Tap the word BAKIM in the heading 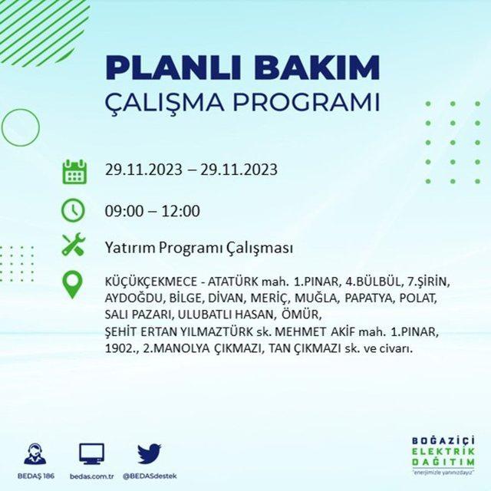coord(317,68)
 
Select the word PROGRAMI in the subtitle coord(307,102)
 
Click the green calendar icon coord(74,171)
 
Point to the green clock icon coord(73,210)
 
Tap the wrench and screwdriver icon coord(74,244)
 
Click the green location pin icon coord(72,285)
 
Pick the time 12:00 coord(181,211)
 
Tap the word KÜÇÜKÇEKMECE coord(151,282)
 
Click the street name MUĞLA coord(317,298)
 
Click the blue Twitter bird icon coord(149,453)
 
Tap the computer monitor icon coord(91,454)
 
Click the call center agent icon coord(35,453)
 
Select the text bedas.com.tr coord(91,476)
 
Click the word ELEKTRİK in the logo coord(443,452)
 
